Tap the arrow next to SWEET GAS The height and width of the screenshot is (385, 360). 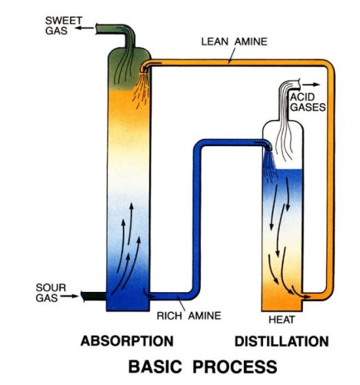pyautogui.click(x=85, y=28)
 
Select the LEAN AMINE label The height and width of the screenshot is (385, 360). pyautogui.click(x=234, y=41)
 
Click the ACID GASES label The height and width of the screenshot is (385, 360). pyautogui.click(x=308, y=102)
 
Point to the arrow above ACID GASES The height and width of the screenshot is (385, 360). pyautogui.click(x=311, y=85)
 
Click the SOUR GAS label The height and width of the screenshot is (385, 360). pyautogui.click(x=51, y=293)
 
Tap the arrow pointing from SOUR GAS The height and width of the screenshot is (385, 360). pyautogui.click(x=69, y=296)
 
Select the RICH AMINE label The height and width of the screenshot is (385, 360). pyautogui.click(x=188, y=316)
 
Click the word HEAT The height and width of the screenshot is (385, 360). pyautogui.click(x=282, y=320)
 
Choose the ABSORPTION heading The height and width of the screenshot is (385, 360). pyautogui.click(x=127, y=341)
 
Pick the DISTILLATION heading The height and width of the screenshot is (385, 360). pyautogui.click(x=282, y=341)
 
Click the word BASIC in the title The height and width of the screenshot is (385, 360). pyautogui.click(x=155, y=367)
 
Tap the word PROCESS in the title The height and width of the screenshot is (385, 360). pyautogui.click(x=235, y=367)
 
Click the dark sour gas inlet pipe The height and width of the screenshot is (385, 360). pyautogui.click(x=94, y=297)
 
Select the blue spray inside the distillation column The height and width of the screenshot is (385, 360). pyautogui.click(x=269, y=164)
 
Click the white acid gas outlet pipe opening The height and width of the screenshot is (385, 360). pyautogui.click(x=298, y=84)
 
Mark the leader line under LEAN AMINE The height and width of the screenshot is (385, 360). pyautogui.click(x=232, y=55)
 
